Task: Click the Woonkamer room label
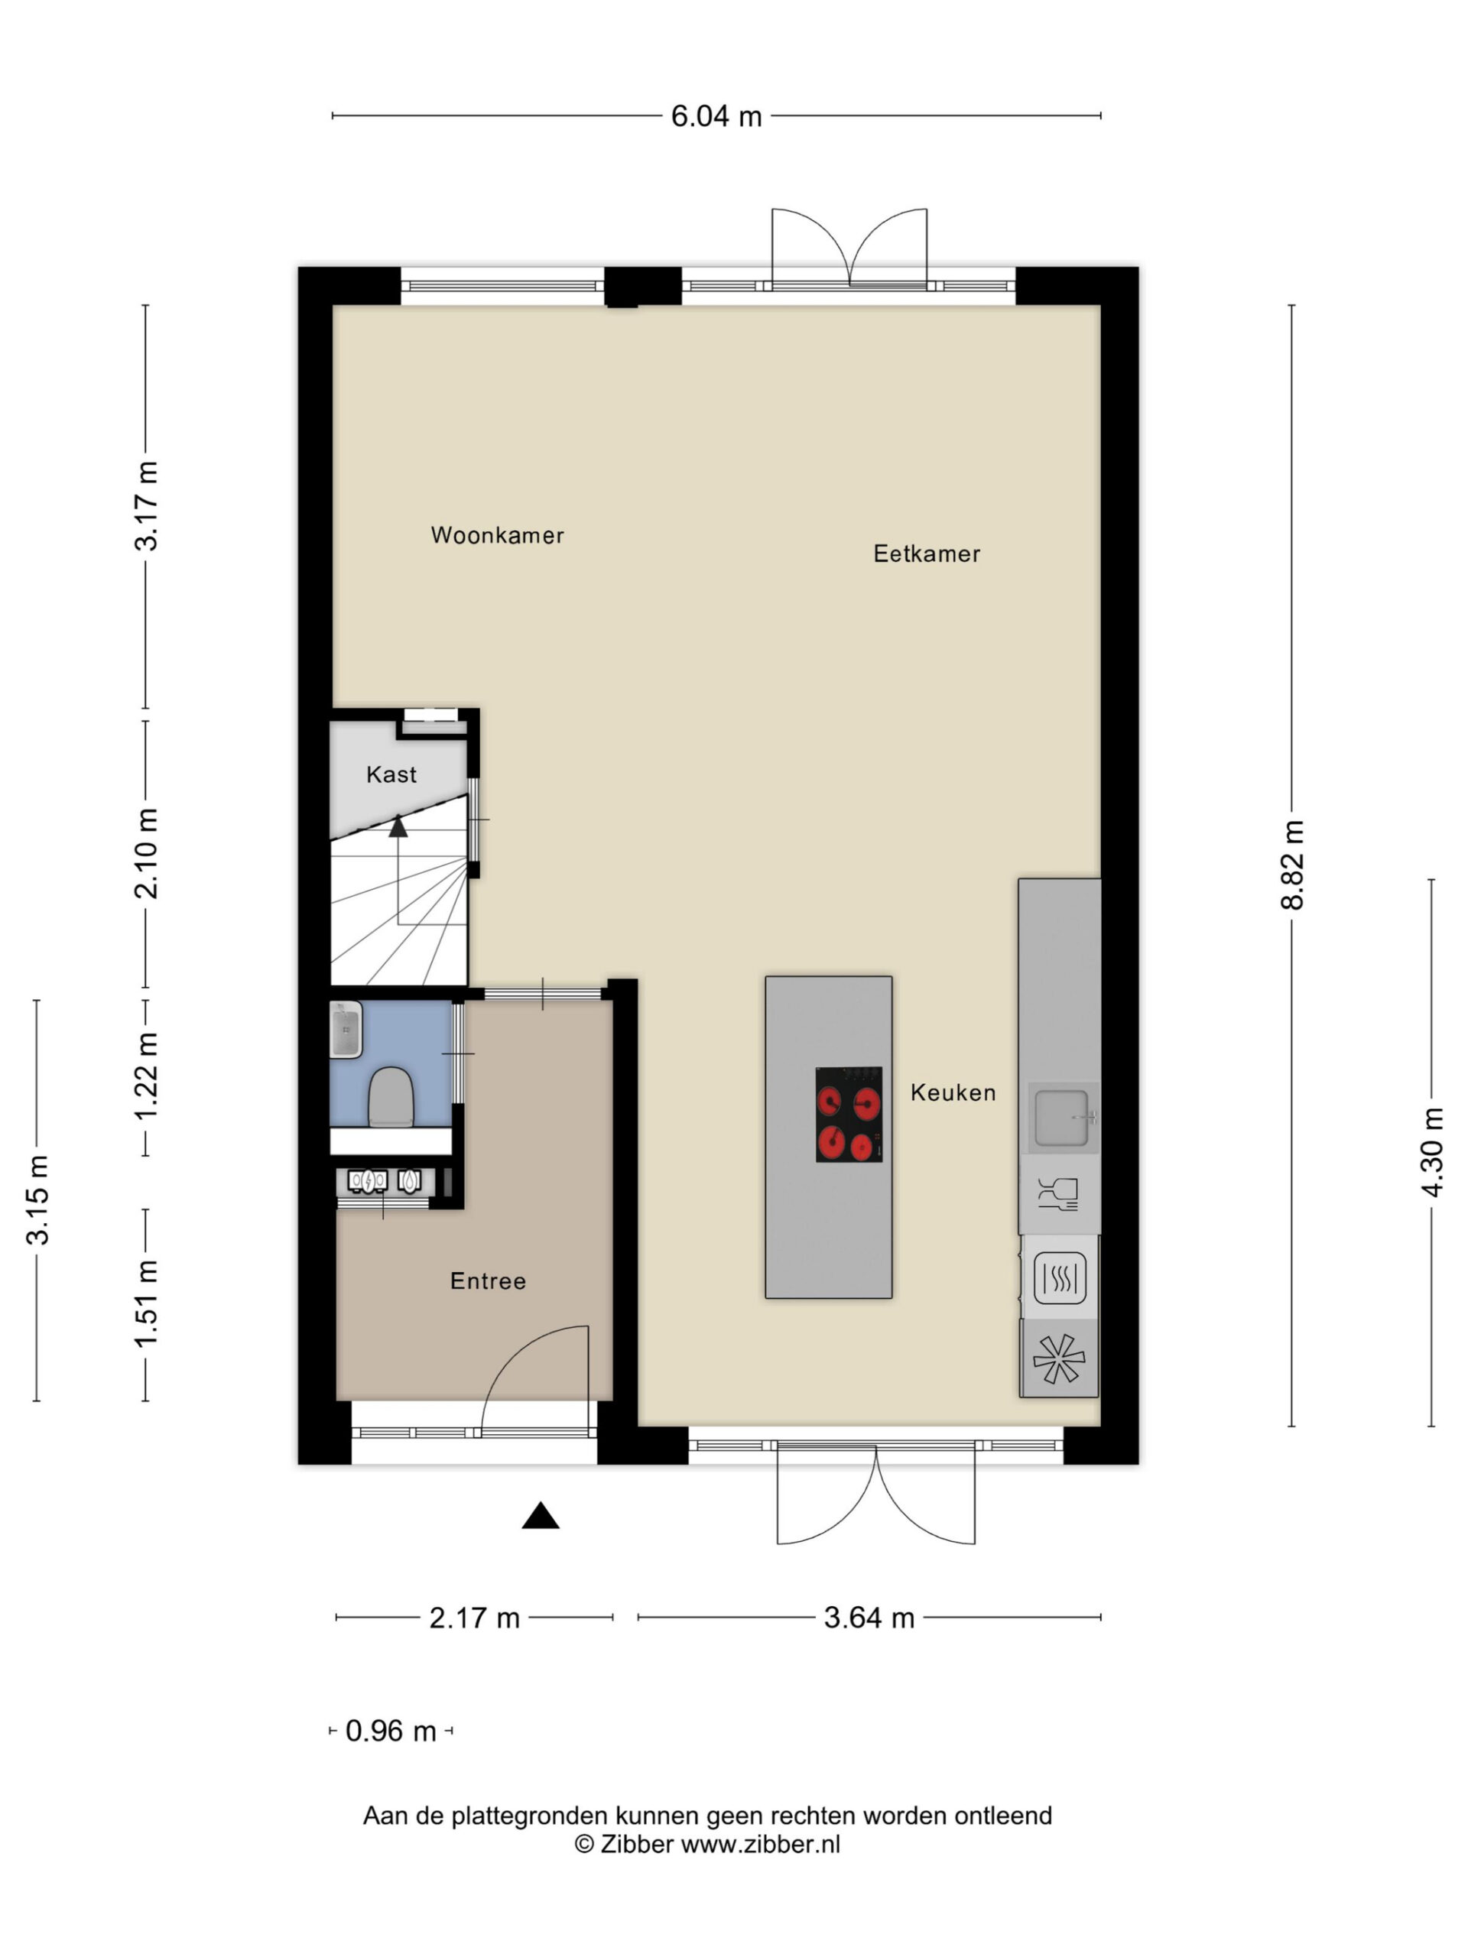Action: coord(497,535)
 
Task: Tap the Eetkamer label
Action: coord(927,553)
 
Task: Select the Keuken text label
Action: coord(953,1092)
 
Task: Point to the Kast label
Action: coord(391,774)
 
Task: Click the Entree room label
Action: coord(488,1280)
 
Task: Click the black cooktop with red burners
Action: coord(849,1114)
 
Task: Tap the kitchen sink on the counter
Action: coord(1063,1118)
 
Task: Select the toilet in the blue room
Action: coord(390,1096)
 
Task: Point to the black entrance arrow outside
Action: coord(540,1517)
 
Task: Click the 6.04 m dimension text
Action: coord(716,116)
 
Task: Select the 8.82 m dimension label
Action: coord(1292,865)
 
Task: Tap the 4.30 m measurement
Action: coord(1432,1152)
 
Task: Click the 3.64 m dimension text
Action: coord(868,1618)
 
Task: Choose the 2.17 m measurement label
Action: coord(474,1618)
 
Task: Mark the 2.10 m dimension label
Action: coord(146,853)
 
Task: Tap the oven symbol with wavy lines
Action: coord(1059,1277)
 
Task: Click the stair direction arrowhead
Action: coord(398,826)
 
